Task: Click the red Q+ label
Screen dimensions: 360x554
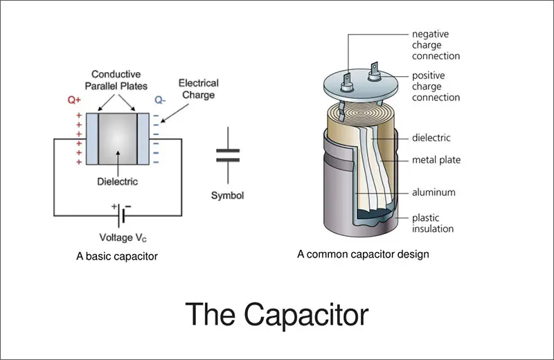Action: (x=74, y=100)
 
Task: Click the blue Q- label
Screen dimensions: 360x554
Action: (x=160, y=100)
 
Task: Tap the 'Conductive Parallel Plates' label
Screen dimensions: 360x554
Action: (x=117, y=80)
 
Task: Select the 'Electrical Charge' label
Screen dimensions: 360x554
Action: (x=198, y=89)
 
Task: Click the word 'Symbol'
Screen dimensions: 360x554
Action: (x=227, y=196)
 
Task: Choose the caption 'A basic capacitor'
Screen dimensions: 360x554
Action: (x=117, y=256)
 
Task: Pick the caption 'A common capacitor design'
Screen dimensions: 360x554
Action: (x=363, y=254)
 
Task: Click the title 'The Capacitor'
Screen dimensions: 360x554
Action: (x=277, y=314)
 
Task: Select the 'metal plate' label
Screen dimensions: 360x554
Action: (x=436, y=160)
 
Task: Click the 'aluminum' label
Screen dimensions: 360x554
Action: (x=434, y=192)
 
